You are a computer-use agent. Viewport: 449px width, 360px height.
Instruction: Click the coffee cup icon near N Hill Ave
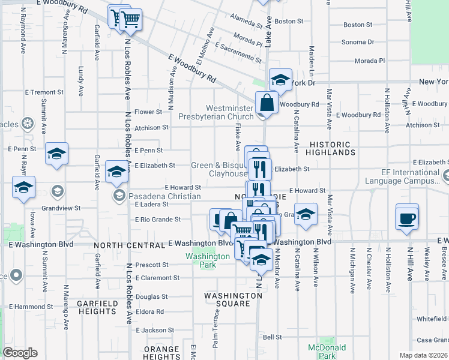click(407, 217)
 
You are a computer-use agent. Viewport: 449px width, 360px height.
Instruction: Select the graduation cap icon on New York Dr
click(280, 79)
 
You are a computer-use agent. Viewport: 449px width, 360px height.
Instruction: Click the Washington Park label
click(208, 256)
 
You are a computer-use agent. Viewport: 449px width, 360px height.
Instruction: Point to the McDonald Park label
click(327, 351)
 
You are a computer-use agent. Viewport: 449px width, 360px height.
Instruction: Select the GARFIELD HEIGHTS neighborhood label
click(97, 307)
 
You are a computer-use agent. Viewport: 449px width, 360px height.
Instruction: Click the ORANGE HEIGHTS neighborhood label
click(161, 353)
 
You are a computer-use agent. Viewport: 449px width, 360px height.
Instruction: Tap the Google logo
click(20, 352)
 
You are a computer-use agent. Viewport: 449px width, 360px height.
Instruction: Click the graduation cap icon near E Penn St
click(56, 154)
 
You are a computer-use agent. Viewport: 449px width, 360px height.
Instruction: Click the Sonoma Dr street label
click(357, 42)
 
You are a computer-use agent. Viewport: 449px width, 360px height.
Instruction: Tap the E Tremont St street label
click(44, 92)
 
